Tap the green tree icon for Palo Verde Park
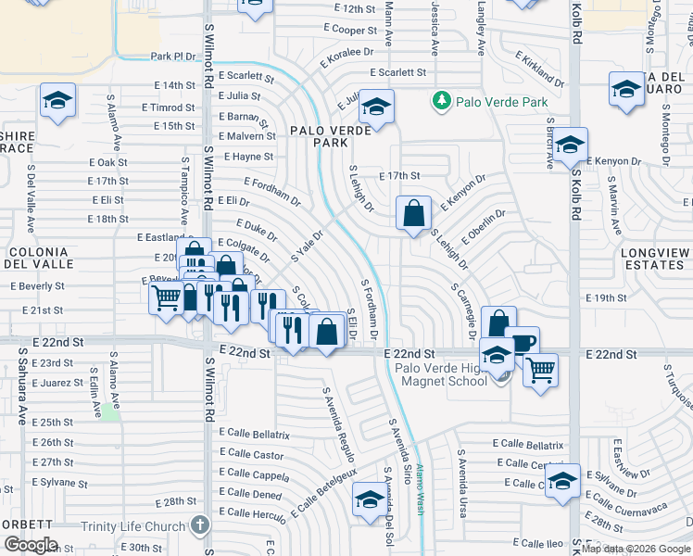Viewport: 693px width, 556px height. pos(442,101)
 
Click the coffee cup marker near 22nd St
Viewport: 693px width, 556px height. pos(522,343)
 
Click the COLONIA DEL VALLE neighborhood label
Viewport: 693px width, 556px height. pos(38,258)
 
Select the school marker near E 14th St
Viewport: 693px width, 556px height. pos(57,101)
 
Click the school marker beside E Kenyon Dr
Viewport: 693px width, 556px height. pos(571,145)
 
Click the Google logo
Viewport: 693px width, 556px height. pos(31,545)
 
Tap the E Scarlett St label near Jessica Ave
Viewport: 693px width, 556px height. pos(397,72)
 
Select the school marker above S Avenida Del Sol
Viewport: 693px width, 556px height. pos(370,499)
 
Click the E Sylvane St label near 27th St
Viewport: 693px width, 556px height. pos(59,483)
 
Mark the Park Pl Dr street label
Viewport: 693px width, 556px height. pos(173,57)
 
